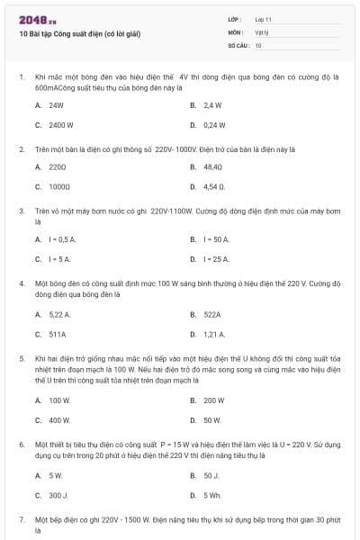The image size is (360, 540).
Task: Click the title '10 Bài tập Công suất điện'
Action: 80,33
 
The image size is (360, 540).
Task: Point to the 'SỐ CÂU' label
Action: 238,44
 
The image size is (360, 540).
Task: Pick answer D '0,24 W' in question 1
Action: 213,124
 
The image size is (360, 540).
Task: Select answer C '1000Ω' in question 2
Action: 59,186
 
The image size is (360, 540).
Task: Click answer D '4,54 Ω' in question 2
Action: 213,186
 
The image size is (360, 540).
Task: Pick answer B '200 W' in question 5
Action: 213,400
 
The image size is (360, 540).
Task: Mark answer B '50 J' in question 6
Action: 211,474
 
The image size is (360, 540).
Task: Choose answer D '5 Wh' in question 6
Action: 212,494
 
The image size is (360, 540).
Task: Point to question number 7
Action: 22,520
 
